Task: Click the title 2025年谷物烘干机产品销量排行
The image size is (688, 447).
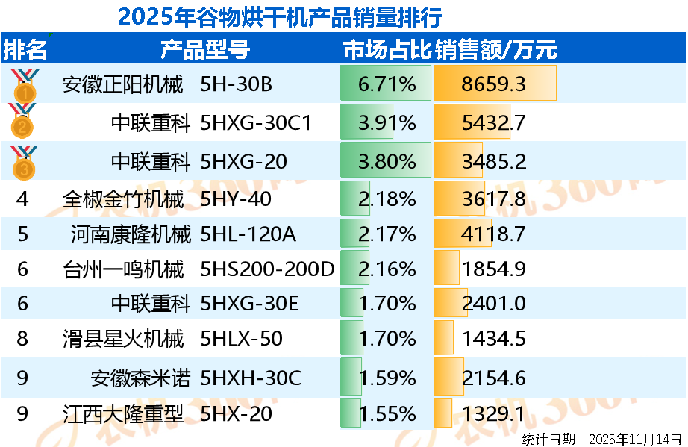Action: [x=280, y=16]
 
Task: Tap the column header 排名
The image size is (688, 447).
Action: [x=25, y=50]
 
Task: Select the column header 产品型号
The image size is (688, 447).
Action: [x=205, y=50]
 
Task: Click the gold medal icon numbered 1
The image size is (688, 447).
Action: [x=24, y=85]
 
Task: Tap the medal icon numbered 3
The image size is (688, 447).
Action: [x=24, y=162]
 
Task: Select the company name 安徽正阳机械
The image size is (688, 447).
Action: [x=123, y=84]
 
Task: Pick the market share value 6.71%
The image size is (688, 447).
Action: [x=387, y=84]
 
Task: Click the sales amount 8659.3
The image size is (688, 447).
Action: [x=493, y=84]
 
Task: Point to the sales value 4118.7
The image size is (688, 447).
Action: [x=493, y=234]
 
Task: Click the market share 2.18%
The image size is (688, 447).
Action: [x=387, y=199]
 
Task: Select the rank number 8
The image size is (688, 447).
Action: [x=22, y=339]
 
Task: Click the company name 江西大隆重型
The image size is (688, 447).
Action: [x=123, y=413]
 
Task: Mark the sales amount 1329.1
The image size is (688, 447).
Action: [x=493, y=413]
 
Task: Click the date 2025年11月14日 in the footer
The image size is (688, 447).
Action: [x=635, y=439]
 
